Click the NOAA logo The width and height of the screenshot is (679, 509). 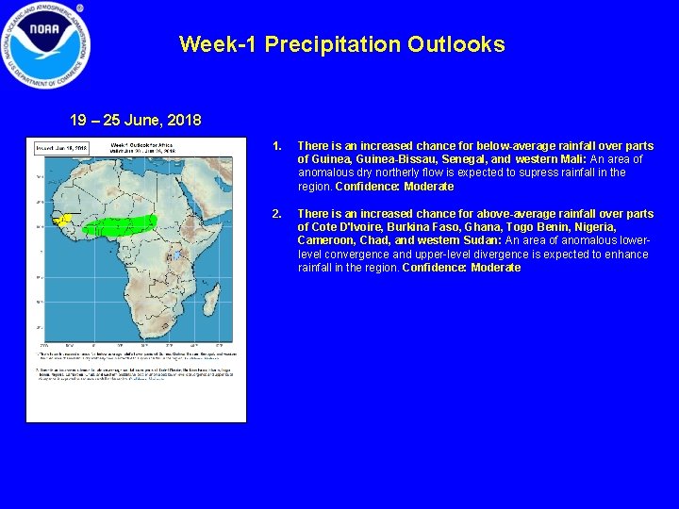[45, 44]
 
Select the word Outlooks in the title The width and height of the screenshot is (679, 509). [456, 44]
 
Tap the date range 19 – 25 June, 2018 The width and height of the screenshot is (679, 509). [135, 121]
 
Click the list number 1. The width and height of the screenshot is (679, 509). [276, 146]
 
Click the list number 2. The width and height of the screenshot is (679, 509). [276, 214]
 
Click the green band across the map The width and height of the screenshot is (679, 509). [123, 224]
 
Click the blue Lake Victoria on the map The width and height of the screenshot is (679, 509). [177, 253]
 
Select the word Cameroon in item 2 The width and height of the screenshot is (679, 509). [328, 240]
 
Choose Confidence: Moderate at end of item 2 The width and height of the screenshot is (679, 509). [461, 268]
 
